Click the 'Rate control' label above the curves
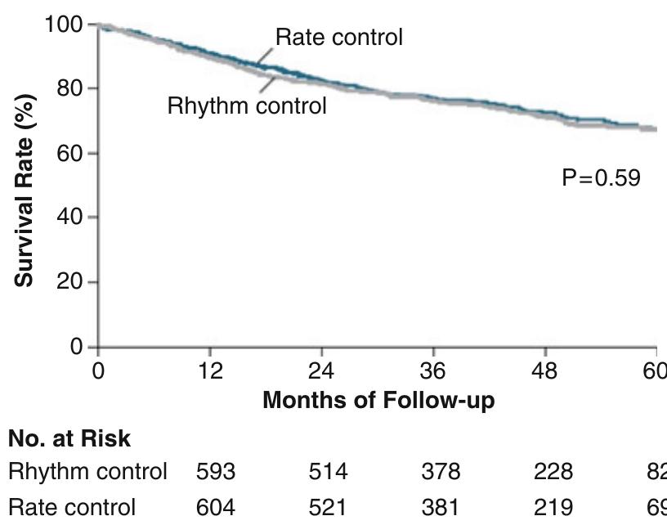click(x=338, y=38)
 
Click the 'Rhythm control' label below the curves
click(x=246, y=106)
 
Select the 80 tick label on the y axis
click(x=70, y=88)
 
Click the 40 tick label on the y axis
click(x=70, y=218)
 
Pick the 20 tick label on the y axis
click(x=70, y=282)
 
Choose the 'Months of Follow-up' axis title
click(x=378, y=402)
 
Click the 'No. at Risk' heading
click(x=69, y=439)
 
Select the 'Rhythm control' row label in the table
click(x=87, y=473)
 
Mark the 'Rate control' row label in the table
click(x=71, y=508)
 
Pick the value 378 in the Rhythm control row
click(x=438, y=473)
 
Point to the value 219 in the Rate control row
click(x=550, y=508)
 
